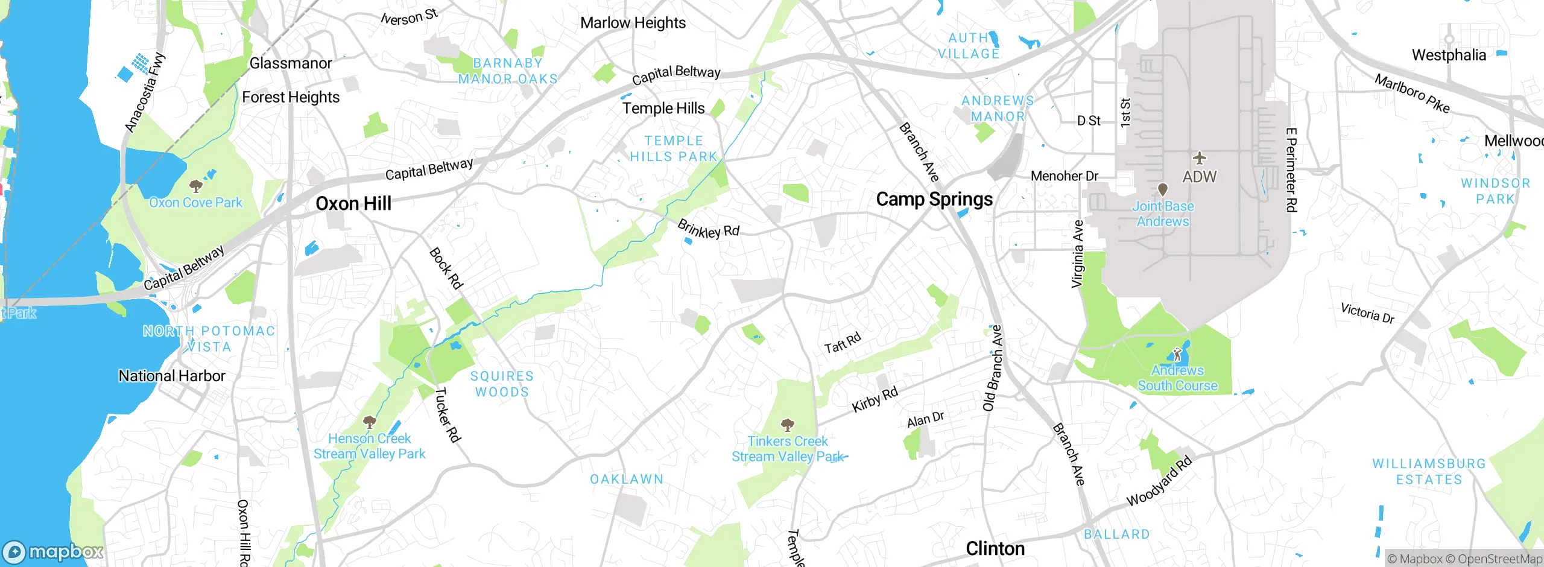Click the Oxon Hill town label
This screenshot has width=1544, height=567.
353,204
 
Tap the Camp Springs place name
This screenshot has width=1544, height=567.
934,199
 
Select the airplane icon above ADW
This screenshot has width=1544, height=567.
1200,159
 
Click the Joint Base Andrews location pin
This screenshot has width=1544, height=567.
1163,190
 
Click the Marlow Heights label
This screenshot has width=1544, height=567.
633,23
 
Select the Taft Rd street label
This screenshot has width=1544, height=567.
843,343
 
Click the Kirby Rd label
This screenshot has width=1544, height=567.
875,399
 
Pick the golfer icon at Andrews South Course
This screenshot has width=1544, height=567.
1177,354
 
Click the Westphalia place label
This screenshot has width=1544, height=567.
1449,55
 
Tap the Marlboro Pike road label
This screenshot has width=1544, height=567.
1411,93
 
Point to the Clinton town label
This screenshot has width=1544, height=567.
995,548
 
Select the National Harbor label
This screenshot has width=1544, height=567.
172,376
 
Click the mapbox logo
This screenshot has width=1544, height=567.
53,552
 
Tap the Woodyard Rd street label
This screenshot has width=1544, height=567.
1159,481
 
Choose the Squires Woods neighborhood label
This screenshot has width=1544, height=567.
502,384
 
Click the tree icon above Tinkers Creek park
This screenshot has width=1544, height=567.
787,425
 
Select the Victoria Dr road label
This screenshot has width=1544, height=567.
1367,313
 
